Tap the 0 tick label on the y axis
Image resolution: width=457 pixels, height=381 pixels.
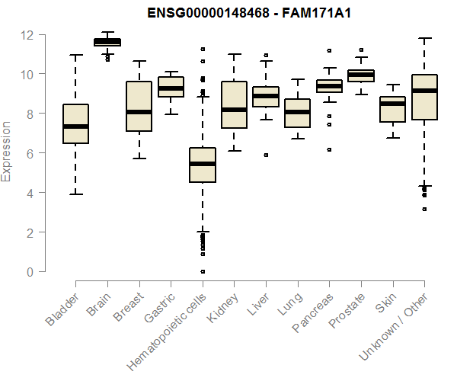[x=29, y=271]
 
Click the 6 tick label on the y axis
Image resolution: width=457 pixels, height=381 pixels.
[x=29, y=153]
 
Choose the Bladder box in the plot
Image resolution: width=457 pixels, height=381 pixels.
[x=75, y=123]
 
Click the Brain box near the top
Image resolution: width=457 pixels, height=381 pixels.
[x=107, y=42]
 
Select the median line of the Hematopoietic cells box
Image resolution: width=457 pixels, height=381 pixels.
[x=203, y=164]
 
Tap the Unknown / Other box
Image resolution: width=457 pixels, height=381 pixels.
[x=424, y=97]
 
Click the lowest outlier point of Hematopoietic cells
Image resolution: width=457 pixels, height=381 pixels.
[x=203, y=271]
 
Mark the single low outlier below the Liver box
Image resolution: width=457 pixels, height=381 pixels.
[x=266, y=155]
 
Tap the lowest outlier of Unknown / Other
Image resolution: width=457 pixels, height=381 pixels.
[x=424, y=209]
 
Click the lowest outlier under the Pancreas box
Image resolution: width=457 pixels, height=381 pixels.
[x=329, y=150]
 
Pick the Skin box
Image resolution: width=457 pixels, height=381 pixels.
[x=393, y=108]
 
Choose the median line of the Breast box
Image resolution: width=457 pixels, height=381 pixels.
[x=139, y=112]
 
